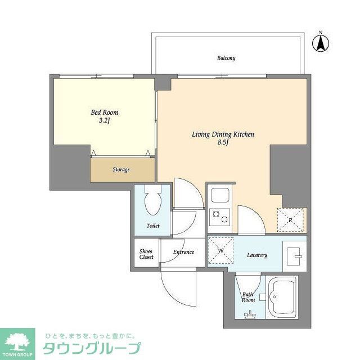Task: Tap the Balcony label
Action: click(226, 58)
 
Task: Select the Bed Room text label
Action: click(105, 112)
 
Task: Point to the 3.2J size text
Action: click(105, 120)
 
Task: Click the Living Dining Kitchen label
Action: click(223, 134)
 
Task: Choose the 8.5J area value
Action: click(223, 143)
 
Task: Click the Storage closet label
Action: click(121, 169)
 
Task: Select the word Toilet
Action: click(152, 226)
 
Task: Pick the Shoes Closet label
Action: click(146, 254)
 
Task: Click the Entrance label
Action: click(183, 252)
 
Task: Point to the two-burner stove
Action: click(218, 216)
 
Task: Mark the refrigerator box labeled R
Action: click(291, 220)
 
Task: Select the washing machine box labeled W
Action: click(220, 249)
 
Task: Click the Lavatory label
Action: click(256, 255)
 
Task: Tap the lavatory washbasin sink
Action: click(294, 256)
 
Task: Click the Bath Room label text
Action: click(248, 297)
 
